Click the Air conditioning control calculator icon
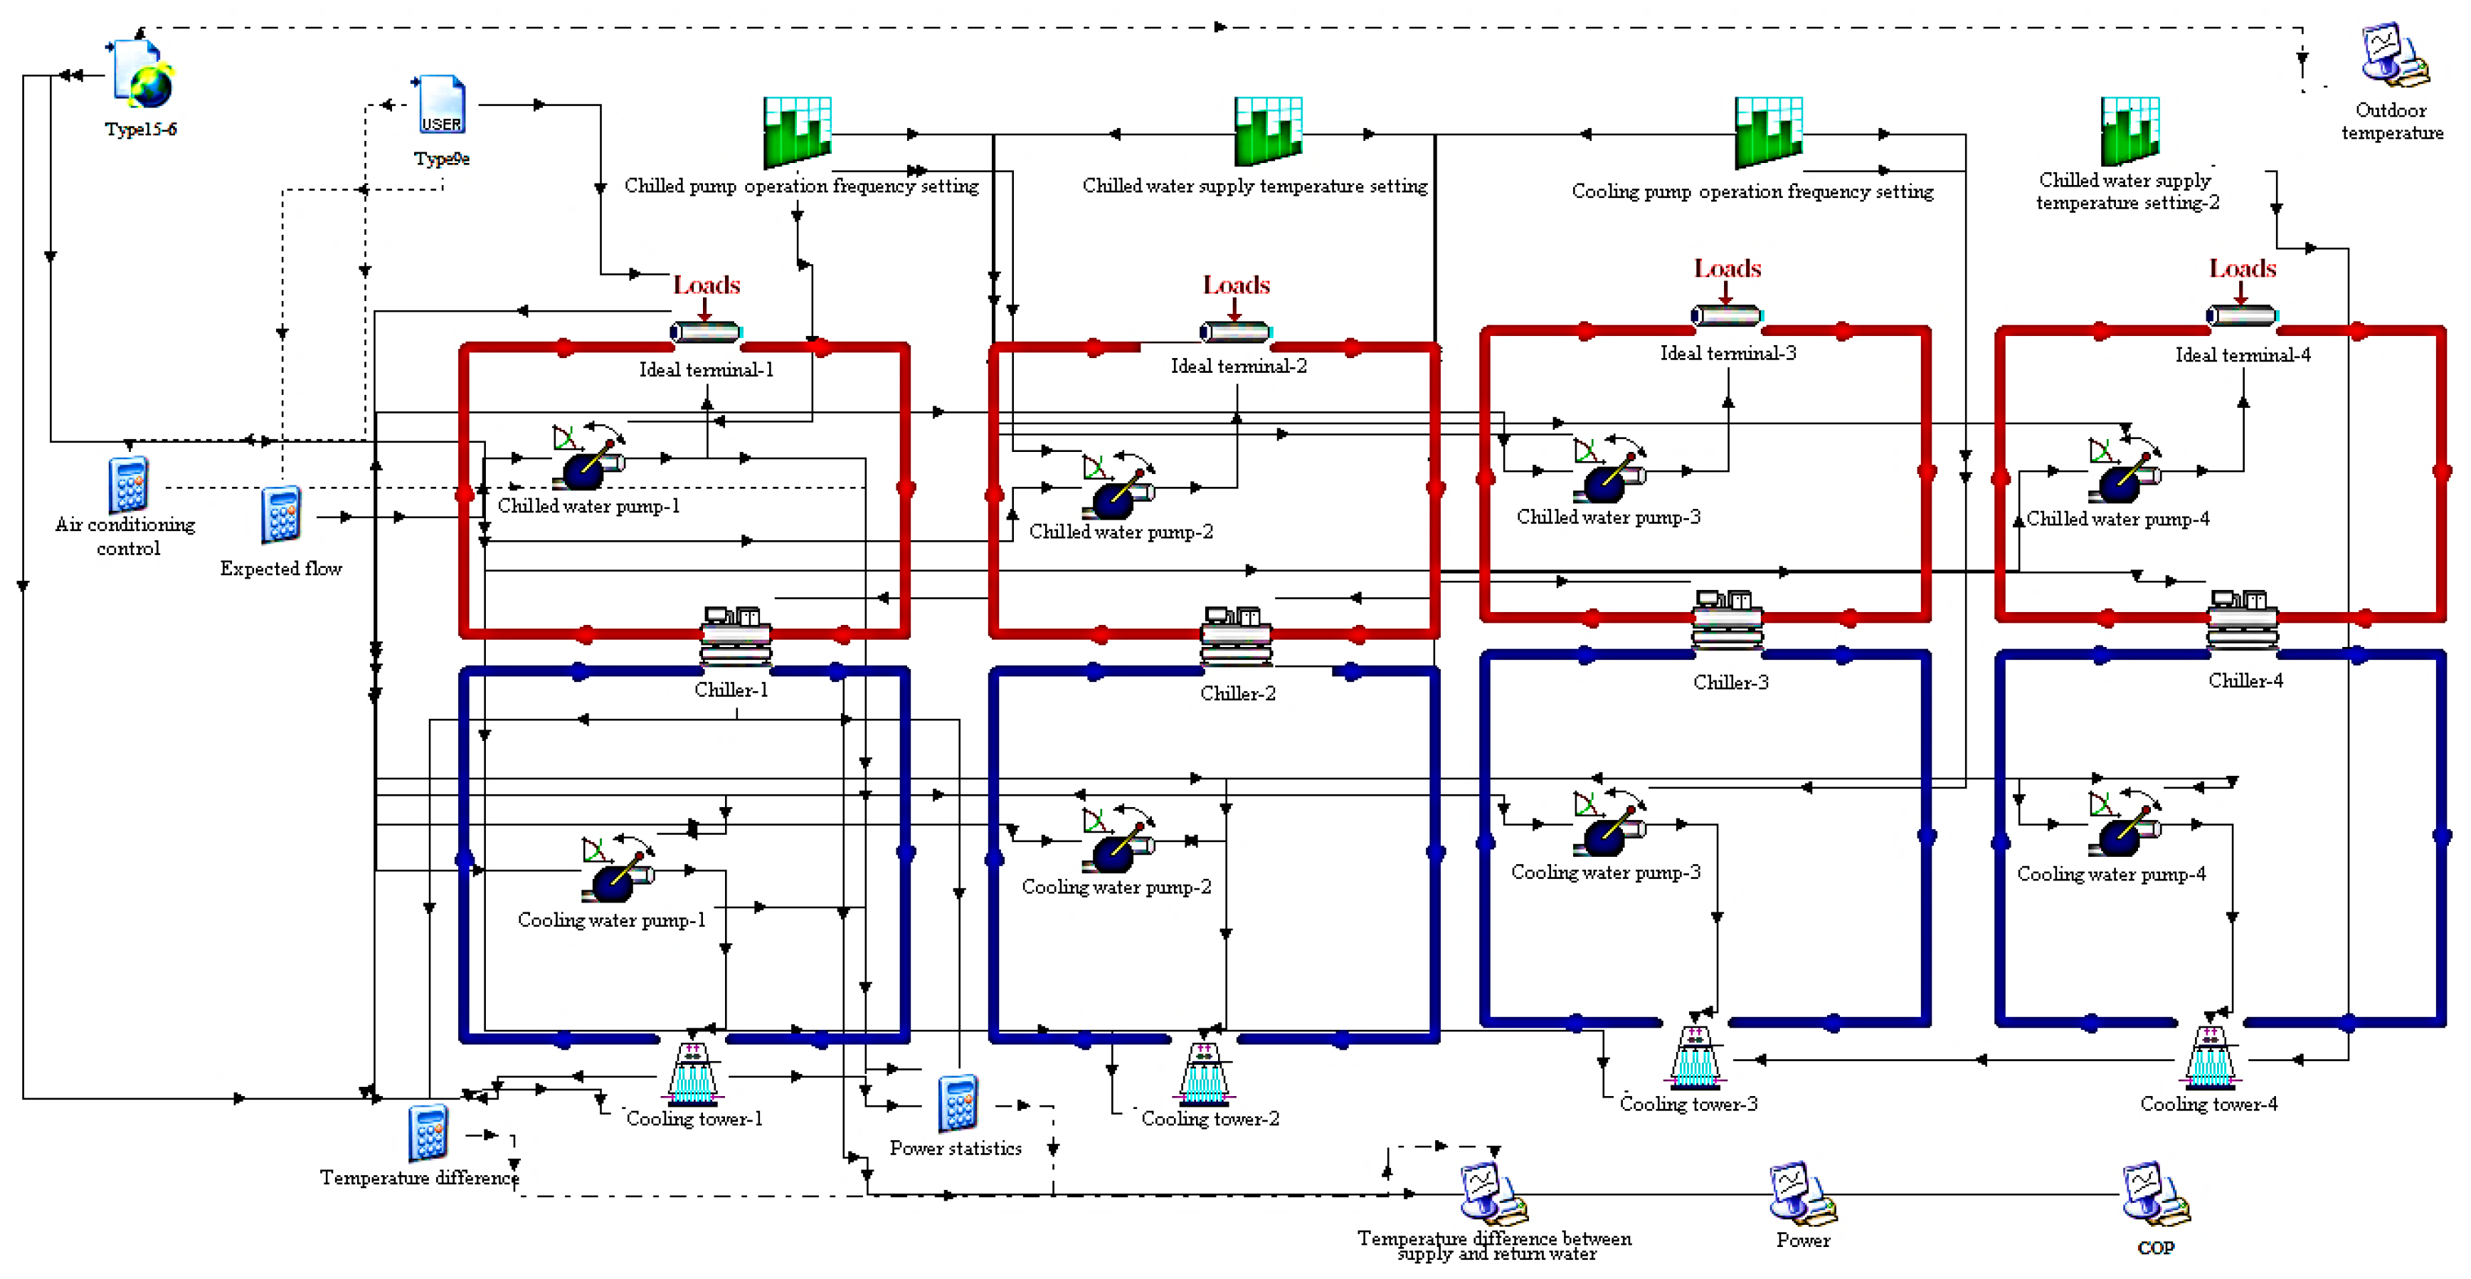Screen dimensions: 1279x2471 (127, 485)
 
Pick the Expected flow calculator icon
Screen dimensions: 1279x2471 (281, 515)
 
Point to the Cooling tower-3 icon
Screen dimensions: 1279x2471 (1694, 1058)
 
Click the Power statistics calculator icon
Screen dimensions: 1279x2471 (958, 1103)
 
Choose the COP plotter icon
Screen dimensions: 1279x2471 (2154, 1194)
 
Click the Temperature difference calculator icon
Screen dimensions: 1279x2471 (428, 1133)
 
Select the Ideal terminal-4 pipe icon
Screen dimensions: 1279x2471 (2240, 316)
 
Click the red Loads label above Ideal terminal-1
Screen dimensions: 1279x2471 (706, 285)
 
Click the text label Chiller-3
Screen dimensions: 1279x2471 (1730, 682)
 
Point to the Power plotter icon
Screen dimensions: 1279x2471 (1801, 1193)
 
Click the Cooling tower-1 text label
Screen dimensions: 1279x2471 (694, 1119)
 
